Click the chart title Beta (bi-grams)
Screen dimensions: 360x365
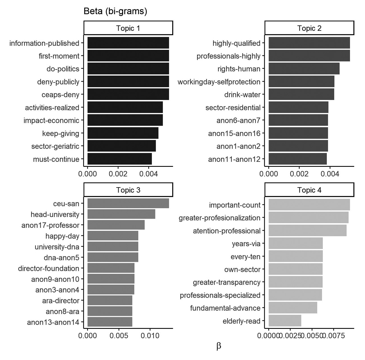[x=115, y=11]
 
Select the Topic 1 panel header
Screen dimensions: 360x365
[x=128, y=28]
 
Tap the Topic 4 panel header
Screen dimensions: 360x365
[x=309, y=190]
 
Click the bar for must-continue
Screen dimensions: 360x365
[x=119, y=159]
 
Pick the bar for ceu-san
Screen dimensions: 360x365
[x=128, y=203]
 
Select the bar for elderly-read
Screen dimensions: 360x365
[x=285, y=321]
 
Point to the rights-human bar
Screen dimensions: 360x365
[x=304, y=69]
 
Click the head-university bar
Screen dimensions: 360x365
[x=121, y=214]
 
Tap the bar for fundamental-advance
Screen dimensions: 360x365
[x=293, y=308]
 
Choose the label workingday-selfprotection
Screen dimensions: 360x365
[x=219, y=82]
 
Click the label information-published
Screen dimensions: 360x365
[x=44, y=43]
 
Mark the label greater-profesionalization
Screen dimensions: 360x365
[x=219, y=218]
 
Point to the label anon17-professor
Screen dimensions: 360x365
[x=50, y=225]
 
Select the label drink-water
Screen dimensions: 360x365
[x=242, y=95]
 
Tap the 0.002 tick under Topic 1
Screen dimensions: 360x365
[x=118, y=174]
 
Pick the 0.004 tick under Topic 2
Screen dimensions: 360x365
[x=330, y=174]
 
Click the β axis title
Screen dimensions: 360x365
[x=218, y=346]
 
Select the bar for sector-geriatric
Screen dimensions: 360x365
[x=121, y=146]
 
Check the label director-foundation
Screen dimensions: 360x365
[x=49, y=268]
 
